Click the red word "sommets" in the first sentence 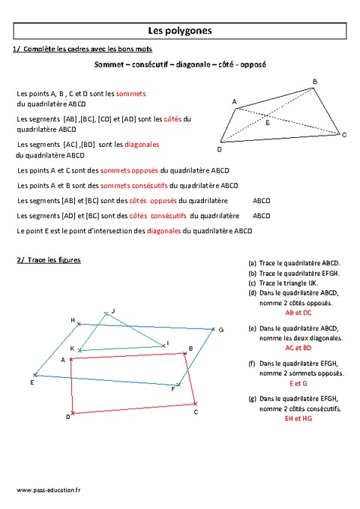click(x=132, y=93)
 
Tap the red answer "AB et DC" click(x=298, y=313)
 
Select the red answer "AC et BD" click(x=298, y=348)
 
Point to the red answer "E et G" click(x=298, y=383)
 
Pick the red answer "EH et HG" click(x=298, y=418)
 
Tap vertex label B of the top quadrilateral click(x=314, y=81)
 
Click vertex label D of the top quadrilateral click(x=219, y=148)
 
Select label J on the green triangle click(x=113, y=310)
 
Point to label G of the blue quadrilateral click(x=220, y=329)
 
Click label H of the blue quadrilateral click(x=73, y=320)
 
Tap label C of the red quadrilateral click(x=196, y=412)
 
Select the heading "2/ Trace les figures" click(x=48, y=260)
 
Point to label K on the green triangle click(x=72, y=349)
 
